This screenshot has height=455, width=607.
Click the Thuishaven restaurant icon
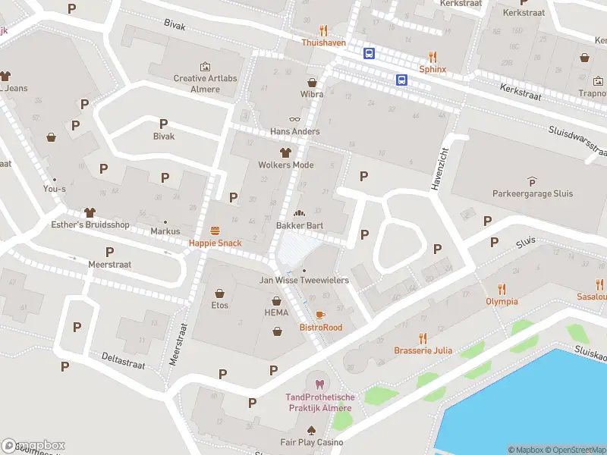tap(324, 31)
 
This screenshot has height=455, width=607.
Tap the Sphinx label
tap(432, 69)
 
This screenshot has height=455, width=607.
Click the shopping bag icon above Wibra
tap(312, 82)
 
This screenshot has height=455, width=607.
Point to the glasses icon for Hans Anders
tap(295, 119)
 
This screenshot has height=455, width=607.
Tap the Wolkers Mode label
tap(286, 165)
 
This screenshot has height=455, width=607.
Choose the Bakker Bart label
tap(300, 226)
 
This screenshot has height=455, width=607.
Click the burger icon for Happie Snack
tap(215, 231)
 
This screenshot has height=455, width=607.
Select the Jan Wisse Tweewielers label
tap(304, 281)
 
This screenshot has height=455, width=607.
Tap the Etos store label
tap(220, 306)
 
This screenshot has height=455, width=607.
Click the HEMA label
tap(277, 313)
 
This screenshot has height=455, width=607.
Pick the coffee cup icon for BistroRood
tap(320, 315)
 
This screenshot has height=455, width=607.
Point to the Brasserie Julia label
tap(423, 350)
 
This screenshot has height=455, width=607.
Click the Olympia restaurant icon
tap(502, 288)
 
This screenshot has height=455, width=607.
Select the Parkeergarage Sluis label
tap(531, 193)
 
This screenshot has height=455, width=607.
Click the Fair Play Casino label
tap(311, 442)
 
